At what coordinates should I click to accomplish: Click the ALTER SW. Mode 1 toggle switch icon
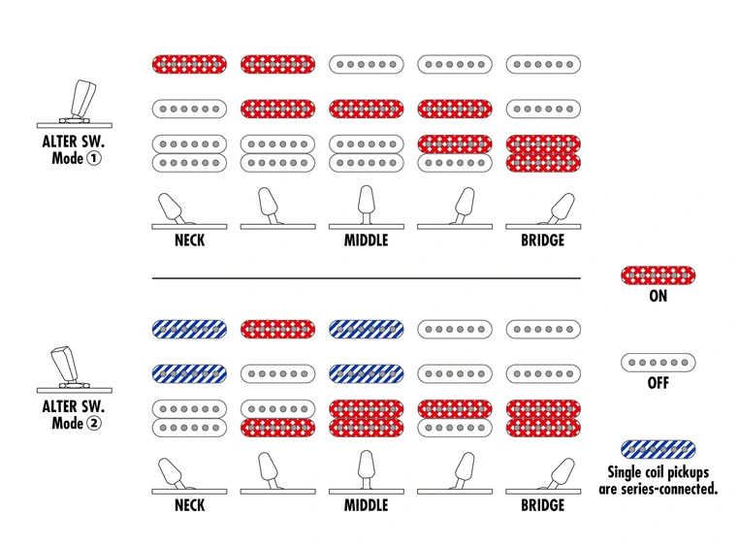[75, 104]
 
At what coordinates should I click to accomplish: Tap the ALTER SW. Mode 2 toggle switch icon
[75, 369]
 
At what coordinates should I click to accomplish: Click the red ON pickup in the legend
[658, 275]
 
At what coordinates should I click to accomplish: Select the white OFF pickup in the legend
[658, 363]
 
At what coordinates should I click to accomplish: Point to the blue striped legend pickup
[658, 449]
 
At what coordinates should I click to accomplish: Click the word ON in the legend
[658, 296]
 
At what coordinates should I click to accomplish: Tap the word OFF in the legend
[658, 383]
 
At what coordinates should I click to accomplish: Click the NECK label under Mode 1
[189, 240]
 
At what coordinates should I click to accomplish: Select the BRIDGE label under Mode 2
[542, 505]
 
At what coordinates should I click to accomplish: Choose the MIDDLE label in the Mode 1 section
[367, 240]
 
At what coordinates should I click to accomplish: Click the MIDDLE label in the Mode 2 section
[367, 505]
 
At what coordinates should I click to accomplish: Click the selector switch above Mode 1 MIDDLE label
[367, 208]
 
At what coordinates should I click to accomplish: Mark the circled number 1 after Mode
[94, 158]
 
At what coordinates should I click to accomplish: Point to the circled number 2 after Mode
[94, 423]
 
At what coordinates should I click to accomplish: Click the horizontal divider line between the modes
[367, 278]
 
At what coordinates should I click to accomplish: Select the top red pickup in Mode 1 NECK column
[189, 65]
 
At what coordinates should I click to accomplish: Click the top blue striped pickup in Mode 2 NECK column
[189, 330]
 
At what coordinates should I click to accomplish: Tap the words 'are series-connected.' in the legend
[658, 489]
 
